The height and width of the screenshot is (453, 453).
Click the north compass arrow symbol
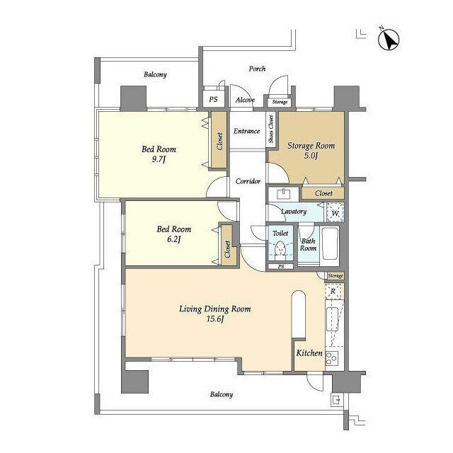[389, 40]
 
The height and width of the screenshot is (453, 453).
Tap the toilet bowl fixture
[280, 249]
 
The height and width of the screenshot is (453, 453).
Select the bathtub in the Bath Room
[329, 243]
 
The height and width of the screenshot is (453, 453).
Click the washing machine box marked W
[335, 212]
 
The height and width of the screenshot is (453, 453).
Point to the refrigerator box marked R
[334, 292]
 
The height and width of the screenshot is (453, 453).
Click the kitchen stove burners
[332, 358]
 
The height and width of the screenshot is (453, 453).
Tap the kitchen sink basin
[332, 319]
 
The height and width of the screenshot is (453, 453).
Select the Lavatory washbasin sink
[284, 194]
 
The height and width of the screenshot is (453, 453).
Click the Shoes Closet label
[270, 129]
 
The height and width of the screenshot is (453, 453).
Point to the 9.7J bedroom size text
[159, 159]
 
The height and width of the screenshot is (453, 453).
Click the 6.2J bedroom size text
[173, 239]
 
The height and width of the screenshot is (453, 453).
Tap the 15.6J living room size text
[215, 319]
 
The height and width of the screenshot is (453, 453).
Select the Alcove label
[245, 100]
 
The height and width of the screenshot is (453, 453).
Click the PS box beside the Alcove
[213, 99]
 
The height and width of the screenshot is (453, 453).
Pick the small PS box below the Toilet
[281, 266]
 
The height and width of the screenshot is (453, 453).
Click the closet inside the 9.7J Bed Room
[219, 140]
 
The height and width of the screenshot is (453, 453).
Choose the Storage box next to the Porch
[280, 102]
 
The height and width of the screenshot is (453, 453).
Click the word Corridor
[248, 181]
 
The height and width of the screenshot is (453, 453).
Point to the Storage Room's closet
[323, 193]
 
